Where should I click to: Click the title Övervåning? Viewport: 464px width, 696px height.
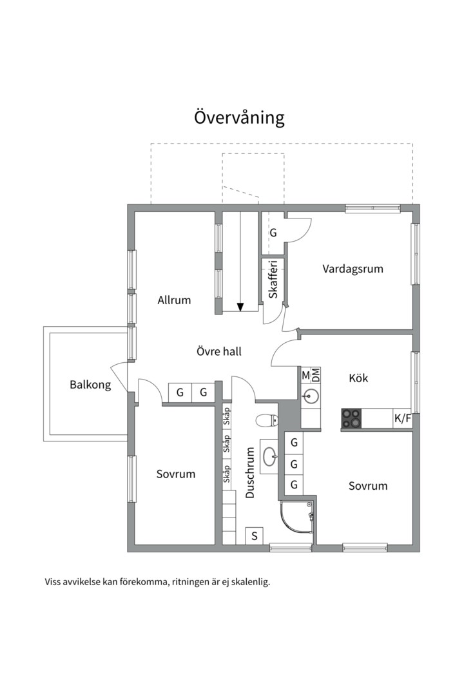239,118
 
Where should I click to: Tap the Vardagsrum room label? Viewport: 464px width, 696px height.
353,269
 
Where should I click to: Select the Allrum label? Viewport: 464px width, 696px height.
174,300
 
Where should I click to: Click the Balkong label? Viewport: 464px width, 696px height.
90,385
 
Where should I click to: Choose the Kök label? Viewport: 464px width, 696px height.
358,378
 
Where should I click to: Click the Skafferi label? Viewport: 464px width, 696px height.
273,279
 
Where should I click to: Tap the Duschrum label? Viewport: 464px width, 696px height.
251,474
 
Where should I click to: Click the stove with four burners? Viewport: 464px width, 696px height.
351,419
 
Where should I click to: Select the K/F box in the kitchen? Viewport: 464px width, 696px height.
402,419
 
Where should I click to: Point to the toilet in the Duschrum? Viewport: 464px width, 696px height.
266,421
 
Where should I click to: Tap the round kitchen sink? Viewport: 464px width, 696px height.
311,396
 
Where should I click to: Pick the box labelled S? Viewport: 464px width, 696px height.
255,536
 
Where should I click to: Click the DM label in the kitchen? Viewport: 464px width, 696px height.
316,375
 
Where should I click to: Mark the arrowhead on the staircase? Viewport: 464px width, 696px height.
240,307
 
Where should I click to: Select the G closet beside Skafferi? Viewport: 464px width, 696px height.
273,233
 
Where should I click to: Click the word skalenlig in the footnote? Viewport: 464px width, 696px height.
249,581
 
